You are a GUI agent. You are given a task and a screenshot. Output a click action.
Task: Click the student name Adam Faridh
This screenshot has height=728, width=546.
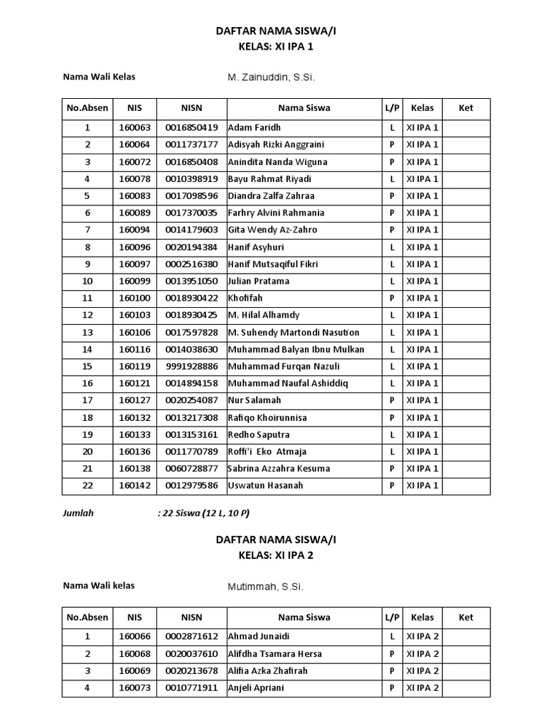255,128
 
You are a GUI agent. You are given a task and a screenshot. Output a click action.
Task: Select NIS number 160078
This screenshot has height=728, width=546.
134,179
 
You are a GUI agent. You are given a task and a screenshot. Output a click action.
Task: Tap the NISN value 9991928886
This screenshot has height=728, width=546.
191,367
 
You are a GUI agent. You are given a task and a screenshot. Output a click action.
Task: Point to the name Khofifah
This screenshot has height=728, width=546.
245,299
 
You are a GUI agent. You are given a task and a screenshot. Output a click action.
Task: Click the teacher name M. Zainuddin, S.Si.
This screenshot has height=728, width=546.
266,77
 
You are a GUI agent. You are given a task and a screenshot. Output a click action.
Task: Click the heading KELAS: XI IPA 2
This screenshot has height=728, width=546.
274,555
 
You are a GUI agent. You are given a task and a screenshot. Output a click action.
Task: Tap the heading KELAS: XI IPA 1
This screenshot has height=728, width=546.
274,46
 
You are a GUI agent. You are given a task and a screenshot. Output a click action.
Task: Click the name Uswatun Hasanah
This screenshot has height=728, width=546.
265,486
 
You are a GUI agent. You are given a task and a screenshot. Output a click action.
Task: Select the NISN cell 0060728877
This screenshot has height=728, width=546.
191,469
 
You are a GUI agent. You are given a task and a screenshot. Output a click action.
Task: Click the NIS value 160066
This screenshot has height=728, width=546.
134,637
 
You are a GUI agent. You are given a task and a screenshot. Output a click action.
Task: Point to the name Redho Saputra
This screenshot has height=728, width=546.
259,435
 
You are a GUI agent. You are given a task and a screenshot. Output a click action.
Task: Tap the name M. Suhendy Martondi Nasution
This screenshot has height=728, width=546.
294,333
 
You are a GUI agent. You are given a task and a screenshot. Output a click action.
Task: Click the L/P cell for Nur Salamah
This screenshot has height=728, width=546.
392,401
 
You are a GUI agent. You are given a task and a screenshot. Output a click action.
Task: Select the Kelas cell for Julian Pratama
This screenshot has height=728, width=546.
422,282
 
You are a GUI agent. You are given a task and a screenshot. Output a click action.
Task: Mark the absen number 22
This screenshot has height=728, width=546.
87,486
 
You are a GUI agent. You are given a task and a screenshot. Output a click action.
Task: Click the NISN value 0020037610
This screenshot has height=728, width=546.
191,654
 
